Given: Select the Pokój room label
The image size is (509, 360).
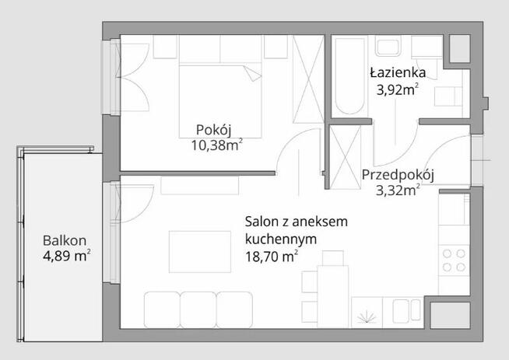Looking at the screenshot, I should click(215, 129).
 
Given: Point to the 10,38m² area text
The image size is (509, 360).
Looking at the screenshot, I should click(215, 145).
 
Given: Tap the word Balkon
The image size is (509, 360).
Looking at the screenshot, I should click(65, 240).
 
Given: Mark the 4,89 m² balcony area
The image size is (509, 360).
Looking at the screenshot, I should click(66, 255).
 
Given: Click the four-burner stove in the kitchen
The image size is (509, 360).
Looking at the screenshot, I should click(455, 260).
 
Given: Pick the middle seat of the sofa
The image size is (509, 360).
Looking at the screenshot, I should click(198, 308).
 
